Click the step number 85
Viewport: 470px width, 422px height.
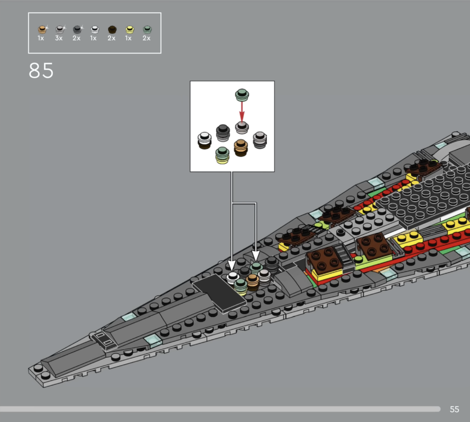tap(41, 71)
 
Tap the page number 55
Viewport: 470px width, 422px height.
tap(454, 410)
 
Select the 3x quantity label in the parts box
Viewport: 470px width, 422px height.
tap(59, 38)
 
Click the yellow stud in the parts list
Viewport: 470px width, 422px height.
tap(129, 29)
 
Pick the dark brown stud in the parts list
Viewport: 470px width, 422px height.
tap(112, 29)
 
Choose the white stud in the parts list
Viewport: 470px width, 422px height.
tap(95, 29)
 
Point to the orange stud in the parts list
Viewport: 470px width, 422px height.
tap(42, 29)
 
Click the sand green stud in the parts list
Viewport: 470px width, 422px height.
tap(147, 29)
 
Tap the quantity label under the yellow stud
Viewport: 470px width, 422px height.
tap(129, 38)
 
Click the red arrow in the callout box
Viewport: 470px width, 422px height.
tap(242, 111)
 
